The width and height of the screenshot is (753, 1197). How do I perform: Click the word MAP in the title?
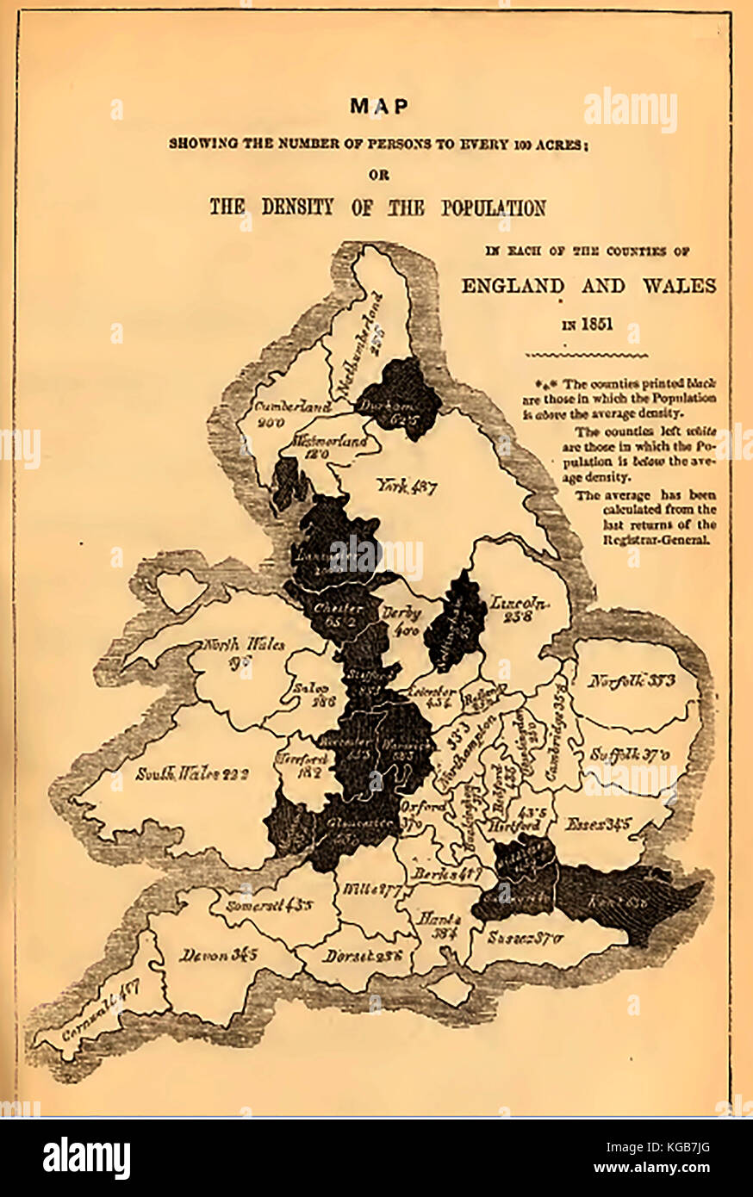[x=378, y=107]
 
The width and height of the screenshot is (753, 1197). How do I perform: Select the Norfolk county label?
[x=632, y=681]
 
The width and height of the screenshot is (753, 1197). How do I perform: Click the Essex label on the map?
[x=597, y=824]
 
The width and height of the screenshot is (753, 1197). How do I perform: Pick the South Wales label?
[x=192, y=773]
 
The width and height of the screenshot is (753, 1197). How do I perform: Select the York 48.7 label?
[x=407, y=487]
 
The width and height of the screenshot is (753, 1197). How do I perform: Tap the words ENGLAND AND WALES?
[x=588, y=286]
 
